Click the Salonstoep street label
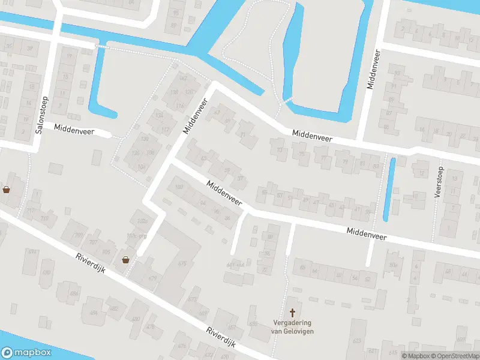pos(42,115)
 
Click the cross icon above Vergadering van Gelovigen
pos(293,313)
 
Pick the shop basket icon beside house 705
pos(126,260)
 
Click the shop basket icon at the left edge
pos(6,190)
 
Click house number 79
pos(344,162)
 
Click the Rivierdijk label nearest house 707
pos(91,263)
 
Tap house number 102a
pos(142,221)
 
